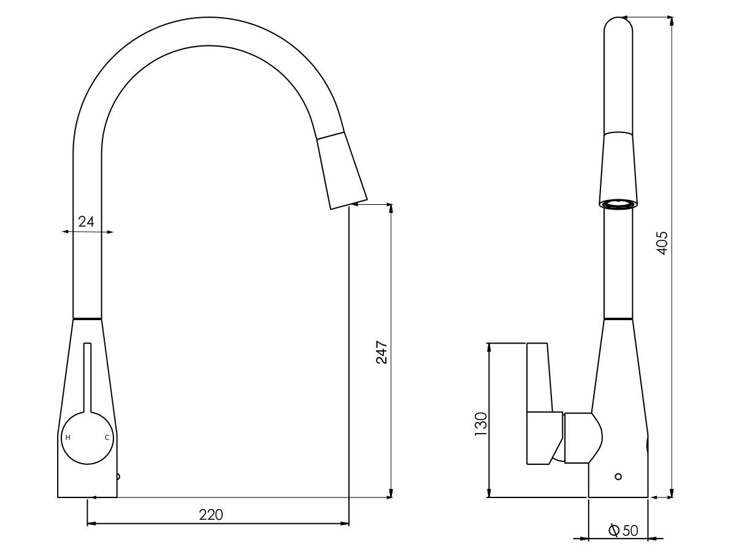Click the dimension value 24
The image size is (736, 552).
86,221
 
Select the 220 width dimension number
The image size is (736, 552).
211,515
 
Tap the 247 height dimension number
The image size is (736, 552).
382,352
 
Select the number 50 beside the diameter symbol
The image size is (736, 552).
631,531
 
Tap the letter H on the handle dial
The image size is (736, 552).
68,437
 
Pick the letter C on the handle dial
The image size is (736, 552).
107,437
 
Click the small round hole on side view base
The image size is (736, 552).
618,477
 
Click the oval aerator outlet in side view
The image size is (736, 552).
618,204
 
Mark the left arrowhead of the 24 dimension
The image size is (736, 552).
65,232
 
